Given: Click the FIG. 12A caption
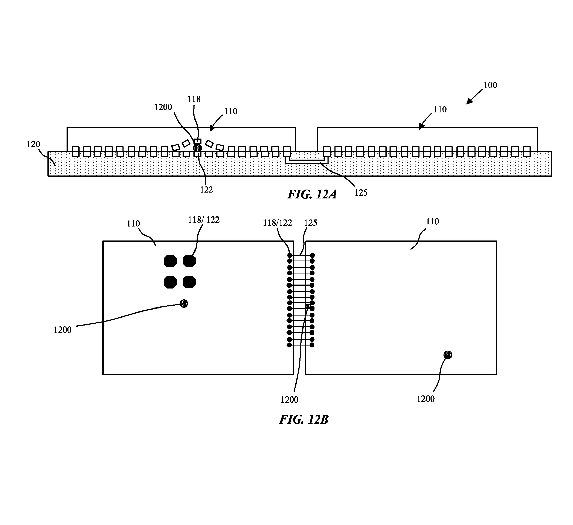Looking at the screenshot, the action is [312, 195].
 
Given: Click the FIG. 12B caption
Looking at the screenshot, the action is [303, 419].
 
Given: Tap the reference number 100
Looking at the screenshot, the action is [490, 85].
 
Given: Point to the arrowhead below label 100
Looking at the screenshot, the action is [470, 101].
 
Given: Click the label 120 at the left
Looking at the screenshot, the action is [33, 144].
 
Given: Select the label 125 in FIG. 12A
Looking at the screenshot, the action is [361, 192].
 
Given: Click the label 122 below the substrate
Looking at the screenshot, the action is [206, 190].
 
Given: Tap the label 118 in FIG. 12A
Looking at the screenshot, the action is [194, 99].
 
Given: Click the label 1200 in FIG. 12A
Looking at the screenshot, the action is [163, 107].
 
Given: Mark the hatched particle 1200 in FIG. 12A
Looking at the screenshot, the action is [197, 148].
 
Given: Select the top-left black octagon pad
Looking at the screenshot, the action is [170, 261].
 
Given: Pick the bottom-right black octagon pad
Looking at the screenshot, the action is [189, 282].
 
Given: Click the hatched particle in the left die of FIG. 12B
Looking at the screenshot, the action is [184, 303].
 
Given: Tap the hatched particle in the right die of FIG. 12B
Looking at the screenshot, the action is [448, 355].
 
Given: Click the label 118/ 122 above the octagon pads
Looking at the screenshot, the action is [204, 220].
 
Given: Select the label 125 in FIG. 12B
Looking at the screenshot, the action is [311, 223].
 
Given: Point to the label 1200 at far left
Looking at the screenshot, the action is [63, 330].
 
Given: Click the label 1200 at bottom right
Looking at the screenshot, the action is [426, 399].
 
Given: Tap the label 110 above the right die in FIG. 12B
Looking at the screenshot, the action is [432, 222].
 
